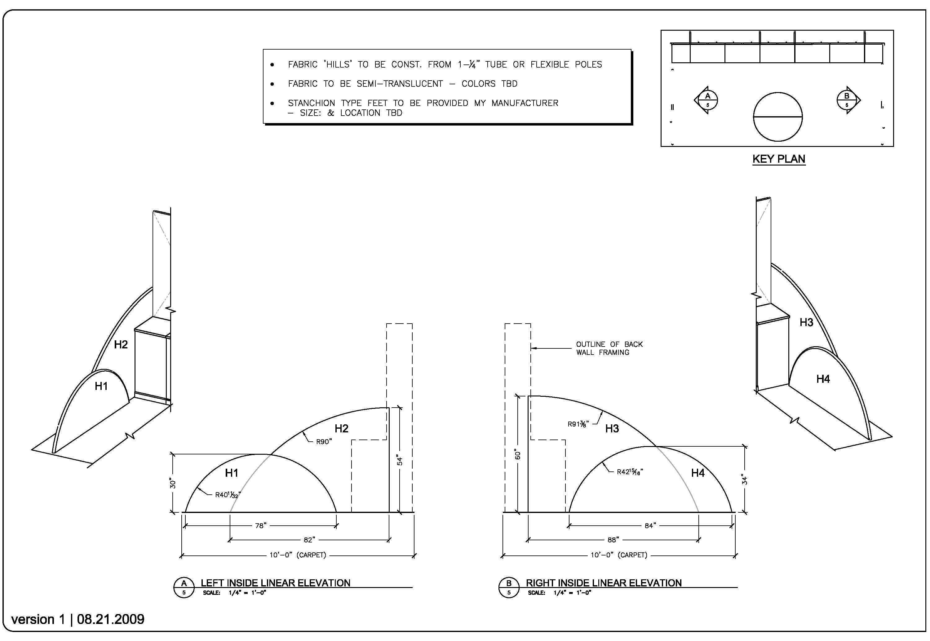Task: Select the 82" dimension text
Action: coord(309,540)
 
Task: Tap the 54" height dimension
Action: coord(400,460)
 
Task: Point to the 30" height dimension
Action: coord(173,483)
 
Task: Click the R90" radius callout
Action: coord(324,442)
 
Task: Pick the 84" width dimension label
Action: coord(650,525)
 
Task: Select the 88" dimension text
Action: coord(613,540)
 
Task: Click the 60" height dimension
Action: coord(518,455)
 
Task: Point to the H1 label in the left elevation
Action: coord(232,473)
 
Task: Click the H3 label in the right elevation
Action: coord(612,429)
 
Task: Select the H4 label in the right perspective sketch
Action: coord(823,379)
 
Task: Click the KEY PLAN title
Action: coord(779,159)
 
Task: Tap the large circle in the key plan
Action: coord(777,117)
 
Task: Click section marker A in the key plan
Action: coord(707,100)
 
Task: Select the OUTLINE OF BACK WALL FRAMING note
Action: coord(609,348)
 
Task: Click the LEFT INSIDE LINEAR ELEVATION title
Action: coord(276,583)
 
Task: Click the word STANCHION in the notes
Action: coord(311,103)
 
